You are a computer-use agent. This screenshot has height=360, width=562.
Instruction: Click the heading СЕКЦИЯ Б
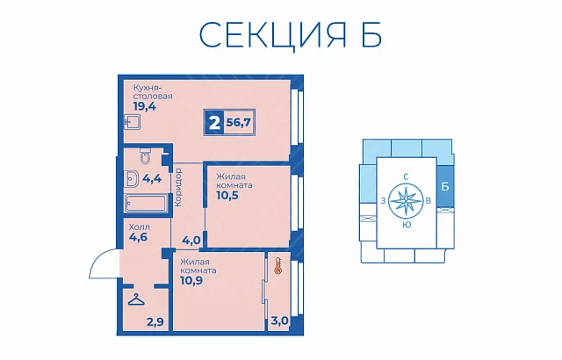pyautogui.click(x=290, y=35)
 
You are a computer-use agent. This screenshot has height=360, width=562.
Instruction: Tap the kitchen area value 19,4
pyautogui.click(x=144, y=106)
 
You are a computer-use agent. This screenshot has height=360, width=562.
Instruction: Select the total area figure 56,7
pyautogui.click(x=239, y=123)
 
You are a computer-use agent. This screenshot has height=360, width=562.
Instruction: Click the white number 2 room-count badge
pyautogui.click(x=214, y=123)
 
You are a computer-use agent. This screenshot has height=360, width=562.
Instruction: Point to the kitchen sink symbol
pyautogui.click(x=132, y=122)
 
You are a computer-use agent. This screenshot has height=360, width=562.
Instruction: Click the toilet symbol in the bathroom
pyautogui.click(x=145, y=155)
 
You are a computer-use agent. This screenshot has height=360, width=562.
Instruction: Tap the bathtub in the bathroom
pyautogui.click(x=147, y=204)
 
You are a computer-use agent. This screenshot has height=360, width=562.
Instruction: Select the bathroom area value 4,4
pyautogui.click(x=152, y=178)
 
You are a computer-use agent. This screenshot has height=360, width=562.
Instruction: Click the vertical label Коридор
pyautogui.click(x=177, y=187)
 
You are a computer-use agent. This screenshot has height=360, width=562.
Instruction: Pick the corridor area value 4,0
pyautogui.click(x=191, y=240)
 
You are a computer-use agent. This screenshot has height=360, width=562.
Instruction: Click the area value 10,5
pyautogui.click(x=227, y=195)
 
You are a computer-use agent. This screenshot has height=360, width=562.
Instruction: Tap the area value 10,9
pyautogui.click(x=191, y=280)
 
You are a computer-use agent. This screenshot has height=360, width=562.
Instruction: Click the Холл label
pyautogui.click(x=139, y=227)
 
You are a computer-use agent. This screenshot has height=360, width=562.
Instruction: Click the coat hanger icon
pyautogui.click(x=137, y=299)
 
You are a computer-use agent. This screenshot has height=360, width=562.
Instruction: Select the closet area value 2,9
pyautogui.click(x=155, y=322)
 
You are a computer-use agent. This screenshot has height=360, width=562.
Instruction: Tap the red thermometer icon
pyautogui.click(x=277, y=266)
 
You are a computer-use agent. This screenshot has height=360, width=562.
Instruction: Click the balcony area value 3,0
pyautogui.click(x=280, y=320)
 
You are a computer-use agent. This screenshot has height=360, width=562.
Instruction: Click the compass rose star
pyautogui.click(x=406, y=200)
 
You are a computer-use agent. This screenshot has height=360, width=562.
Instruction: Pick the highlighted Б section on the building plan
pyautogui.click(x=445, y=187)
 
